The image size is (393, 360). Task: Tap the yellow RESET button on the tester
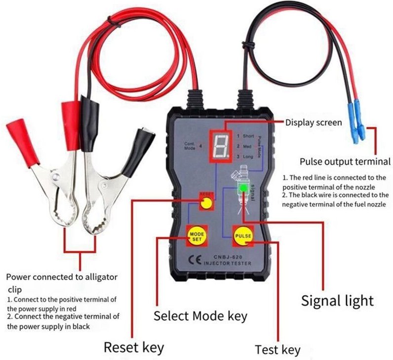pos(208,202)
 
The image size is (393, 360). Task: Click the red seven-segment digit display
pos(219,146)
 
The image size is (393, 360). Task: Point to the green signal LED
pos(243,188)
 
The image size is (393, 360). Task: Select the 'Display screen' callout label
pos(314,122)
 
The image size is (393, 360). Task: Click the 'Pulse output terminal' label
pos(345,161)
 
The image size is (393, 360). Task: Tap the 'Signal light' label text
pos(337,300)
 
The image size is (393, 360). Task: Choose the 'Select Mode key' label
pos(200,316)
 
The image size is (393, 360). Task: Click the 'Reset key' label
pos(134,347)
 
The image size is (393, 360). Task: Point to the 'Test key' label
pos(277,350)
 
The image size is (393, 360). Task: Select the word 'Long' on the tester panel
pos(249,157)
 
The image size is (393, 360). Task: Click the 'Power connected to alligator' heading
pos(62,277)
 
